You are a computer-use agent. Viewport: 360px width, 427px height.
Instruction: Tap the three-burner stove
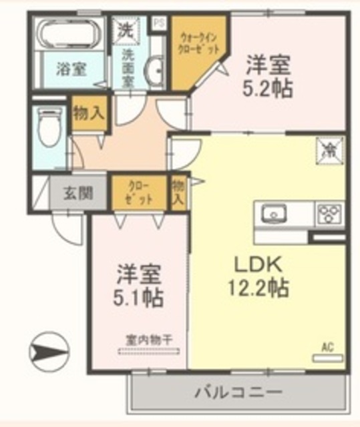tap(330, 215)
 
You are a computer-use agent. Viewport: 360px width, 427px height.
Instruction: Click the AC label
tap(327, 347)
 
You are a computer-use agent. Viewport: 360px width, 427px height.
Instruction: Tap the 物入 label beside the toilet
tap(88, 113)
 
